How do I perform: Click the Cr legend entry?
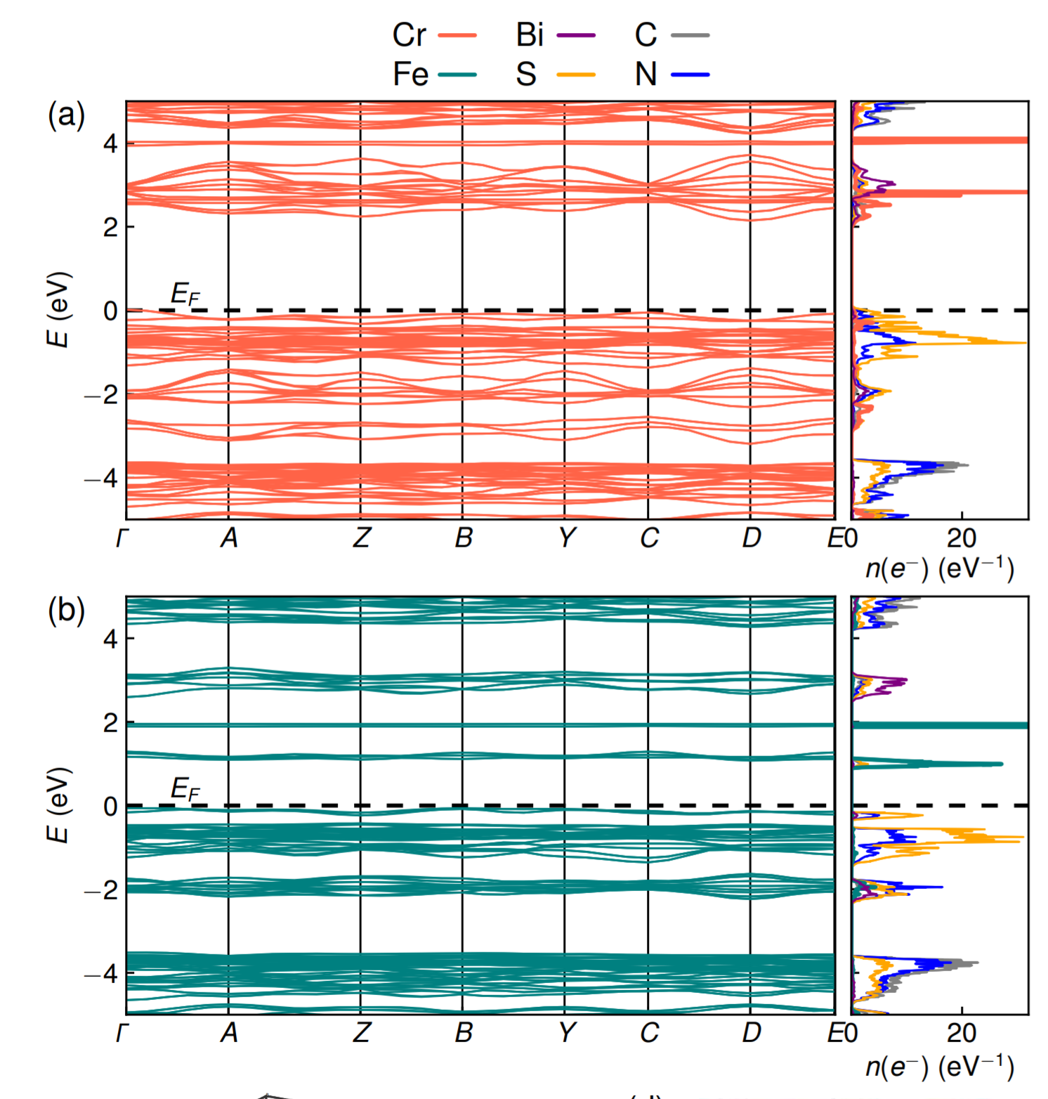point(433,34)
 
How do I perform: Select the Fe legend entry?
point(433,74)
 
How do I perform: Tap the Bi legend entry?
point(554,34)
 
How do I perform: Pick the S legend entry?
point(554,74)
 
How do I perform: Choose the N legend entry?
point(671,74)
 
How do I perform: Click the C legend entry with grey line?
point(671,34)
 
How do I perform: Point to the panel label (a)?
point(66,115)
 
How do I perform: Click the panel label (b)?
point(66,610)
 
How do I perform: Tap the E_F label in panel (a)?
point(185,294)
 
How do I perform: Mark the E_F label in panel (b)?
point(185,790)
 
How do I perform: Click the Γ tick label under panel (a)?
point(122,538)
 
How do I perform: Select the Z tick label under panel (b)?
point(361,1032)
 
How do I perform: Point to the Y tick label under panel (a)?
point(566,538)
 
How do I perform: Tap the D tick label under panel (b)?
point(751,1032)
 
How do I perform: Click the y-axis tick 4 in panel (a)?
point(110,144)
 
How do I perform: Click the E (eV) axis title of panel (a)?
point(58,309)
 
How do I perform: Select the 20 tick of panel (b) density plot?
point(961,1032)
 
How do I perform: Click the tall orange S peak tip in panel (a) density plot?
point(1025,343)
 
